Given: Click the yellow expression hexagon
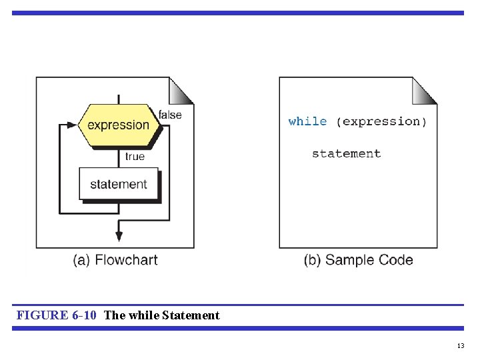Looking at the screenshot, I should (118, 125).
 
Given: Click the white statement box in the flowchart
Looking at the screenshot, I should (119, 184).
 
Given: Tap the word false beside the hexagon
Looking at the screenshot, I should (170, 115).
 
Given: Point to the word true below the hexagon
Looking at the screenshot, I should (135, 157).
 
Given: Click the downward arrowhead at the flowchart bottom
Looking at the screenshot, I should (119, 235).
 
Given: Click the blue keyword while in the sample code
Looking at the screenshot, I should (307, 121).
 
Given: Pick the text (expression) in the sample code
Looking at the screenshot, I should (381, 121).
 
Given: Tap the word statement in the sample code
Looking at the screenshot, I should (346, 153).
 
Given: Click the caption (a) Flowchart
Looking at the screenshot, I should (115, 260).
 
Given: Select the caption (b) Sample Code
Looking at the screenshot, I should (358, 260).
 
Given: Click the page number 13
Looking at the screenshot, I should (460, 345).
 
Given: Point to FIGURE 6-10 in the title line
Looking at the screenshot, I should (58, 315).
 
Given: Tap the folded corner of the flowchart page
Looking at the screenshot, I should (181, 90).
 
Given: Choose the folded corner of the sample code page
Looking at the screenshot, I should (425, 90).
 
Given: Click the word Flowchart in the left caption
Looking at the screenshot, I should (127, 260).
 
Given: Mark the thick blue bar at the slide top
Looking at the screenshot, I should (237, 13).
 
